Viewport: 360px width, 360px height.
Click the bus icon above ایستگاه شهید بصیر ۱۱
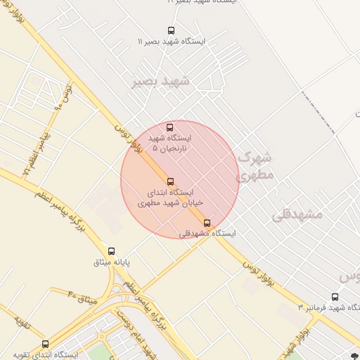pos(171,30)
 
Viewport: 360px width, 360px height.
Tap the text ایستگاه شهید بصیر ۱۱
pos(171,42)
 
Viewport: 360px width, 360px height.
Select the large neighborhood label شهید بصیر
pos(160,82)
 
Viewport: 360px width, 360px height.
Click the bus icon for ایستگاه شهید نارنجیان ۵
pos(169,127)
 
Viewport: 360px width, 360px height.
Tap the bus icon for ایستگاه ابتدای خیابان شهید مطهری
pos(170,181)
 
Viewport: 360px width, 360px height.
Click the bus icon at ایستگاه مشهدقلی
pos(206,224)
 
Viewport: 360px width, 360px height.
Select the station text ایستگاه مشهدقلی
pos(207,233)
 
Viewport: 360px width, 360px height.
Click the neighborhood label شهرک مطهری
pos(255,166)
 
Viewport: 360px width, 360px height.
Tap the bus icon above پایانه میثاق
pos(111,251)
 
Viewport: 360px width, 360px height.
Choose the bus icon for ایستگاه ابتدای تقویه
pos(46,344)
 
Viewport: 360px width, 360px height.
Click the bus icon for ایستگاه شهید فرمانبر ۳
pos(335,297)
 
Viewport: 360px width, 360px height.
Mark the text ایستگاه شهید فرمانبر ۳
pos(328,307)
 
